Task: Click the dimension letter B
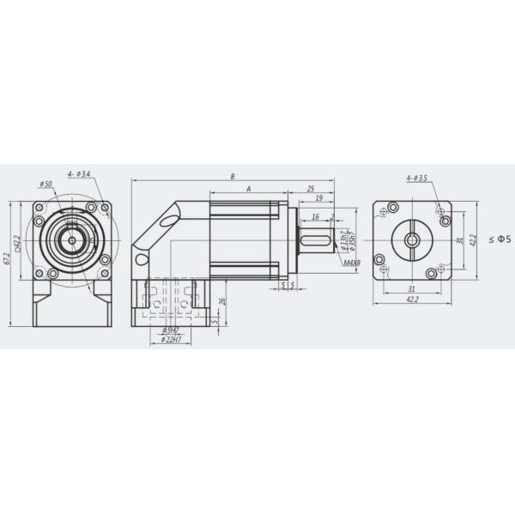233,176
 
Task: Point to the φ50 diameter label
45,185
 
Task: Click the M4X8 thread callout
350,264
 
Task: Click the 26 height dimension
222,301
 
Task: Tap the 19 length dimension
318,198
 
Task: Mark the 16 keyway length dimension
316,217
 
